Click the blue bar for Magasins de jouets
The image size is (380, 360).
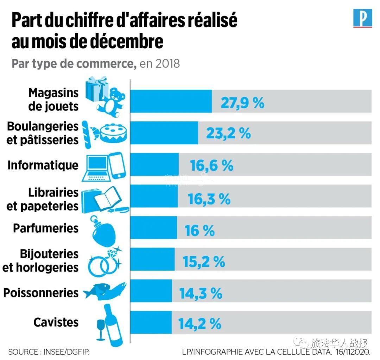pos(171,101)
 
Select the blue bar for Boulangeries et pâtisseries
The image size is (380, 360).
pos(164,133)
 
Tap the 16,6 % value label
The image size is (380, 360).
pos(212,165)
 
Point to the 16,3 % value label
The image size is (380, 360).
pos(209,199)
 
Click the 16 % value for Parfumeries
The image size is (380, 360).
pos(199,231)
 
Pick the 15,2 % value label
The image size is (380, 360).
pos(204,261)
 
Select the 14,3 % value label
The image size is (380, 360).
pos(201,293)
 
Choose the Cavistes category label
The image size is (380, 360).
pos(56,322)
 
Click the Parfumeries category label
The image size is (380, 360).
pos(46,228)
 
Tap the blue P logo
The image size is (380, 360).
pos(362,19)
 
